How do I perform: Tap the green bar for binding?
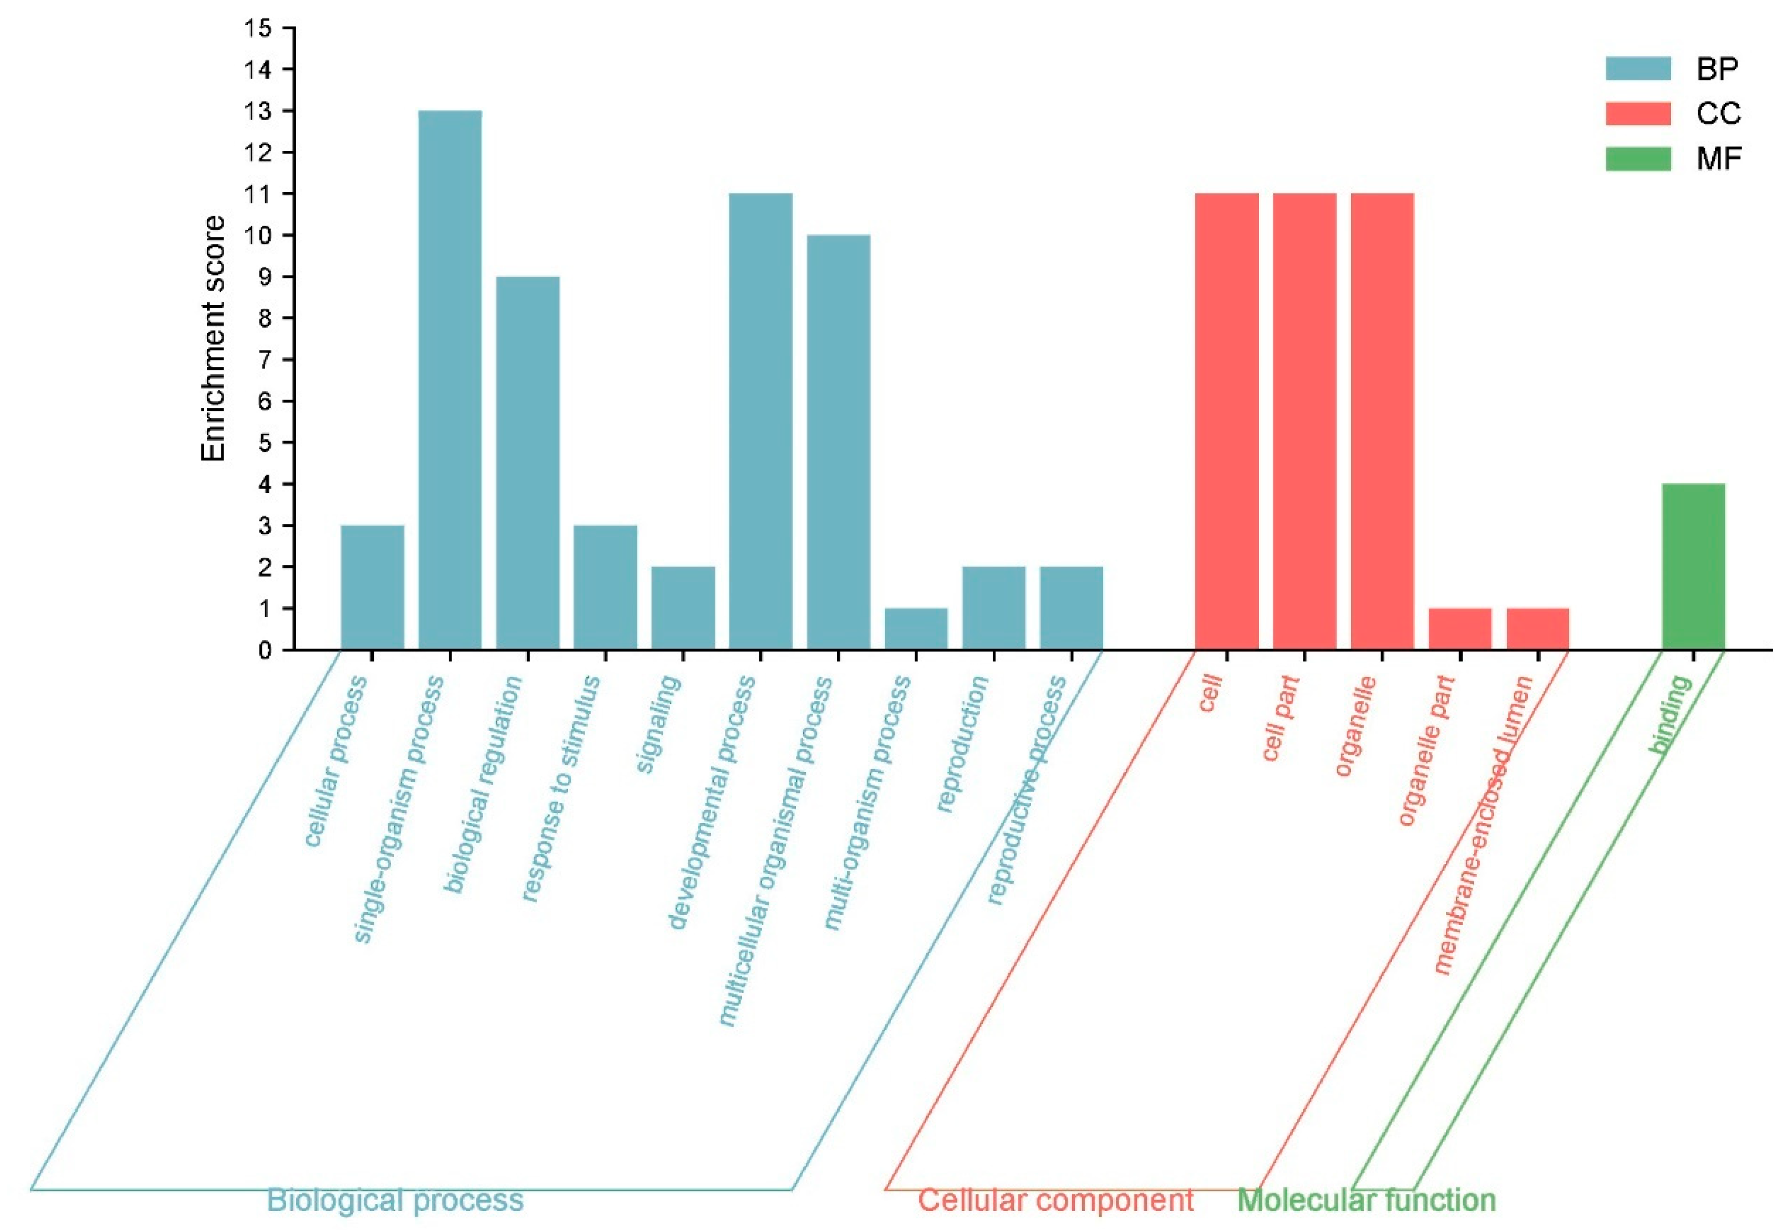click(1693, 566)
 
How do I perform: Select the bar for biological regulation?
click(527, 462)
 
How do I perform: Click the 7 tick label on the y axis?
click(265, 359)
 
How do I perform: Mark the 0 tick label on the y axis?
click(265, 650)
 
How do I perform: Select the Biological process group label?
click(395, 1200)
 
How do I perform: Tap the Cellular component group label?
click(1055, 1200)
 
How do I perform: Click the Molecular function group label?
click(1367, 1200)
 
